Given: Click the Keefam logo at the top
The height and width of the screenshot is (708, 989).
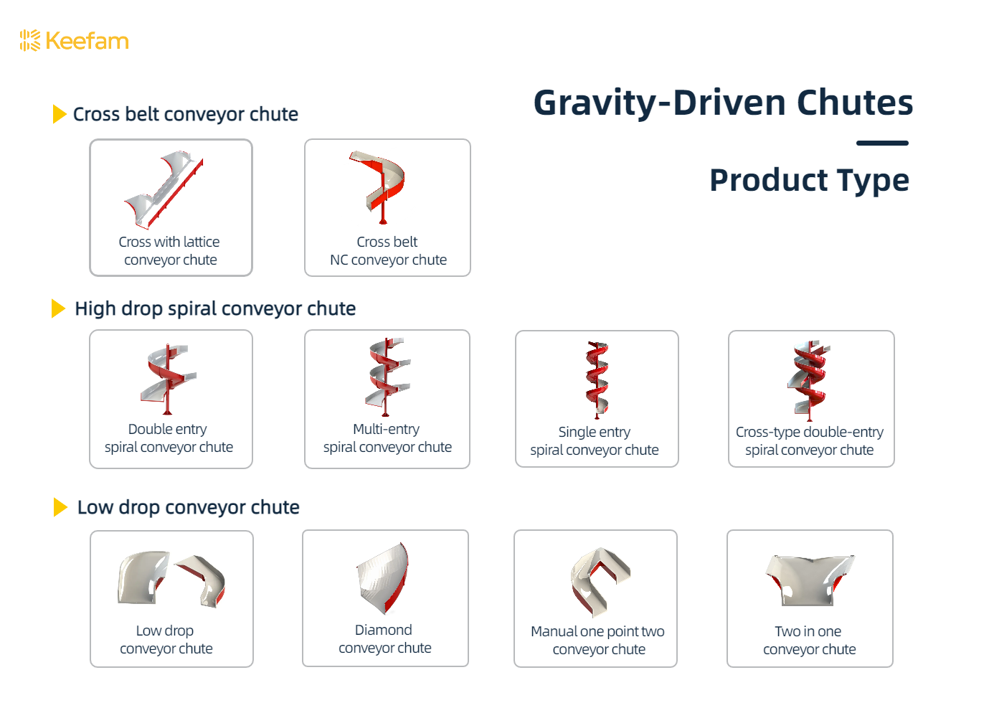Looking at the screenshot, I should pyautogui.click(x=75, y=41).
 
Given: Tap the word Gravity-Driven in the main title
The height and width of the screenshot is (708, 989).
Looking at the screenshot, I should pyautogui.click(x=659, y=103).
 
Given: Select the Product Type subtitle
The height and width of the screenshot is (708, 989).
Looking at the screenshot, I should pyautogui.click(x=809, y=180).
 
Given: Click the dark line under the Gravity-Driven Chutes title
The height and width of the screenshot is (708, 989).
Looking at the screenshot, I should pyautogui.click(x=882, y=143).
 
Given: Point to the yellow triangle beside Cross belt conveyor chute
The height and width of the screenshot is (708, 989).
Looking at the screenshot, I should pyautogui.click(x=60, y=114).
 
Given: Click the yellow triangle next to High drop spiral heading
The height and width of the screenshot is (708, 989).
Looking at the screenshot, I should pyautogui.click(x=59, y=308).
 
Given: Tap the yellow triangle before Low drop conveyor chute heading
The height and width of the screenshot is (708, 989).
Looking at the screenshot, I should pyautogui.click(x=60, y=507).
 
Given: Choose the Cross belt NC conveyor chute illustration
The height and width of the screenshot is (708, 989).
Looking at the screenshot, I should pyautogui.click(x=380, y=186).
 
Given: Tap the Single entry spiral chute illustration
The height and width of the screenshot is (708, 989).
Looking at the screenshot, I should pyautogui.click(x=597, y=379).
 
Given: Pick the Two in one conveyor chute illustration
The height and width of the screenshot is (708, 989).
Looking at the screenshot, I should pyautogui.click(x=810, y=580).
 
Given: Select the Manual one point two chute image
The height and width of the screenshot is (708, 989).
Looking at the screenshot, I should pyautogui.click(x=599, y=580).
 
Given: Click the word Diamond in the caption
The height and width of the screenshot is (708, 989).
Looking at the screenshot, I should pyautogui.click(x=384, y=630).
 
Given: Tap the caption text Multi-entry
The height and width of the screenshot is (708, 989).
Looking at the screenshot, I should pyautogui.click(x=386, y=429).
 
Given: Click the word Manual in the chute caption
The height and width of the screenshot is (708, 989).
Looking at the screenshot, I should pyautogui.click(x=554, y=631).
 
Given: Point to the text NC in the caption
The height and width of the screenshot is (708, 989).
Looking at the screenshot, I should pyautogui.click(x=339, y=260).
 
